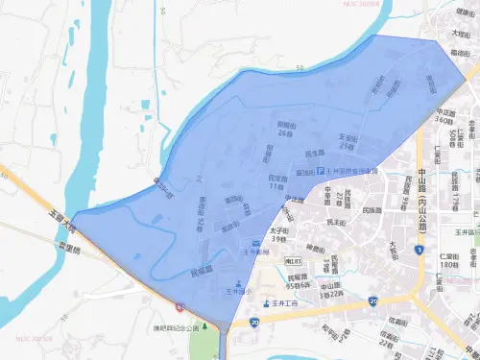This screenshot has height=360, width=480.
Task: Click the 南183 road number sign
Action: (294, 260)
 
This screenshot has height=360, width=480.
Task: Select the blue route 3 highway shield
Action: (420, 251)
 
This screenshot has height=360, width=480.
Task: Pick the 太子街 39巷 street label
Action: (279, 235)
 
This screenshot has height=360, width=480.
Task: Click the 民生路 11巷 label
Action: (277, 182)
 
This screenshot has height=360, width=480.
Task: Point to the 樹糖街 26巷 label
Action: (285, 129)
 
